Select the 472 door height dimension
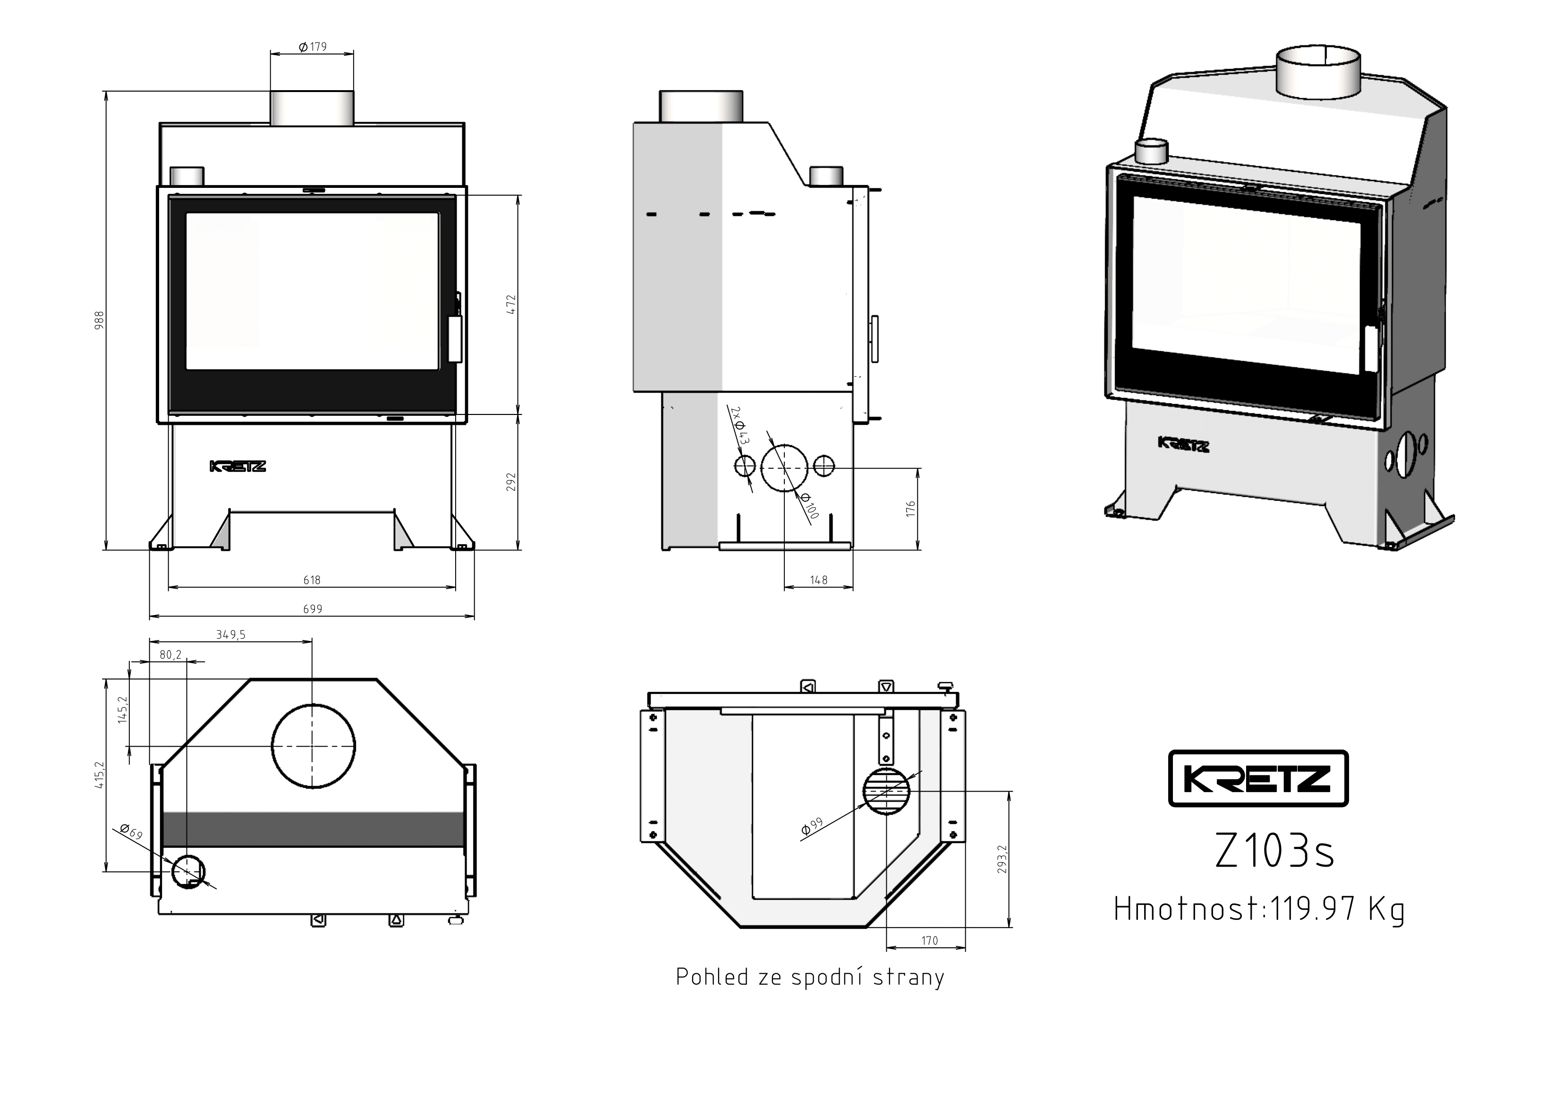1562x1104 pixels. point(511,304)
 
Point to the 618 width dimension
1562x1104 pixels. point(312,580)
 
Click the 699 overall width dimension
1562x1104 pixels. point(312,609)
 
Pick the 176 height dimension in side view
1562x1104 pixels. point(911,508)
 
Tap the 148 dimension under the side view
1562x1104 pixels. point(819,580)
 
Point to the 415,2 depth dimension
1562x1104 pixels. point(99,775)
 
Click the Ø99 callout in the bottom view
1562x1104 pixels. point(812,826)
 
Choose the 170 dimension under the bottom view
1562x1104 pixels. point(929,941)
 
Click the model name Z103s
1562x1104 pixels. point(1275,851)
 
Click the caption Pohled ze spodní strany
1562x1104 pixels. point(810,977)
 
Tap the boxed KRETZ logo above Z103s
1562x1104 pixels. point(1258,779)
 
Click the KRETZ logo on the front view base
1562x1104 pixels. point(238,467)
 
